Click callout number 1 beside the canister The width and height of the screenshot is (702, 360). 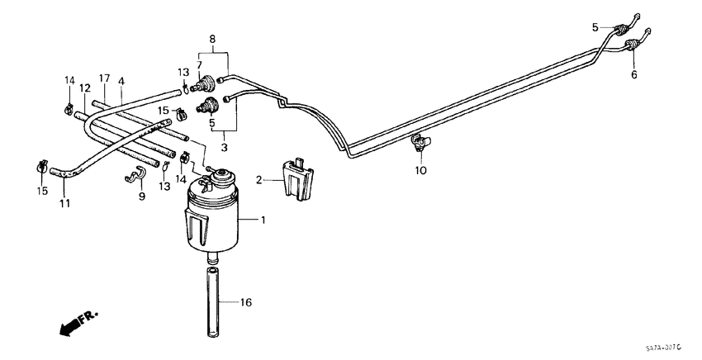point(264,221)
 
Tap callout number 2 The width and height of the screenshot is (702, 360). point(259,179)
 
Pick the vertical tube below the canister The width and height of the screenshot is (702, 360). point(211,301)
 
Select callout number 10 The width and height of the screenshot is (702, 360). point(420,171)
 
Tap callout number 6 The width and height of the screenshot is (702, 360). point(635,74)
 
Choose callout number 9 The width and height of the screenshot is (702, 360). point(141,196)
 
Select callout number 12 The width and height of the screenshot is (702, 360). point(85,87)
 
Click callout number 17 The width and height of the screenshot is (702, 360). point(104,78)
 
